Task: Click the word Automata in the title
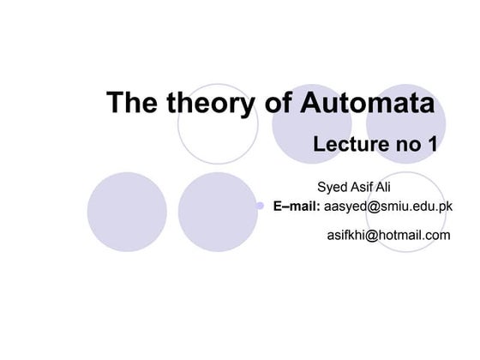(x=367, y=103)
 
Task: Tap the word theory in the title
(x=206, y=103)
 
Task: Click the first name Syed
(x=333, y=188)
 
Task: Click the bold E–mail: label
(x=297, y=207)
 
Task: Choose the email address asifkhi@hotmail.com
(x=388, y=234)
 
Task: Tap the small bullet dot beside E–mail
(x=260, y=207)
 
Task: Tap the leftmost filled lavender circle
(x=127, y=212)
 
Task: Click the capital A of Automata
(x=311, y=103)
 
